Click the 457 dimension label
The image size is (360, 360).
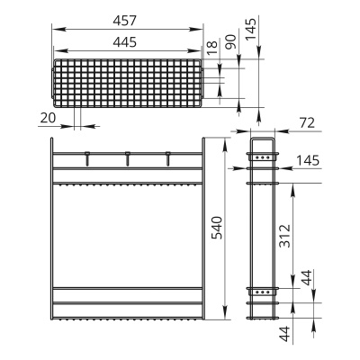[125, 21]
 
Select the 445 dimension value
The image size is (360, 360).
[125, 42]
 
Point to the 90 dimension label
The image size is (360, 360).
[230, 41]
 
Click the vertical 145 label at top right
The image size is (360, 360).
[251, 29]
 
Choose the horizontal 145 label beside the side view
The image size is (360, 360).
[308, 161]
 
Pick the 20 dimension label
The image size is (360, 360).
[48, 118]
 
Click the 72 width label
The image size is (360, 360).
[307, 122]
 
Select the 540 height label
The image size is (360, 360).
[217, 228]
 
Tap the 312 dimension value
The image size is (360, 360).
[285, 236]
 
